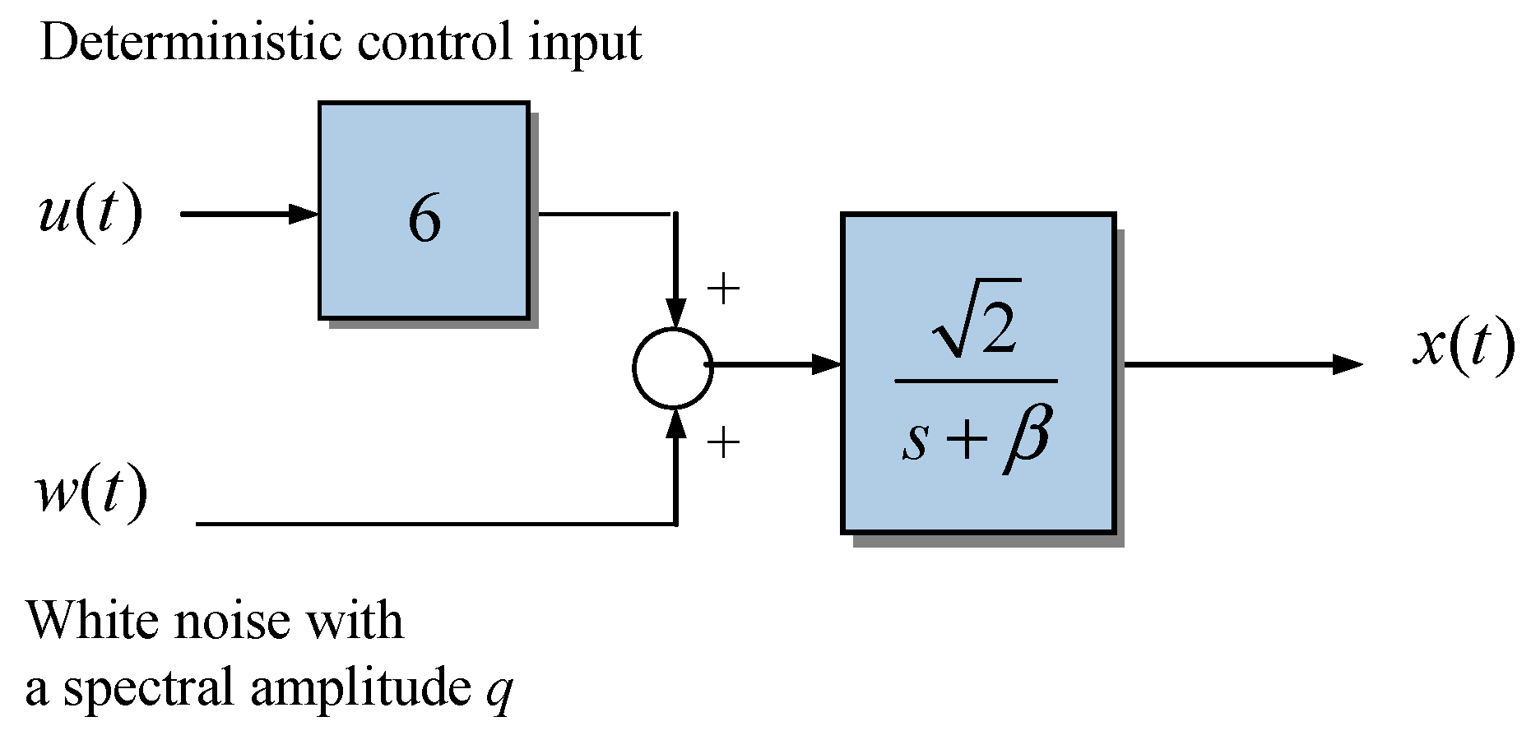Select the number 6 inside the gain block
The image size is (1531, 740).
coord(425,220)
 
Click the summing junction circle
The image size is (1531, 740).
coord(673,368)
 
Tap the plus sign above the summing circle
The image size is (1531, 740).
coord(723,289)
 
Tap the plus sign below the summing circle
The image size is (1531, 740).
coord(723,444)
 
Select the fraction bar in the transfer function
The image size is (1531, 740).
coord(976,382)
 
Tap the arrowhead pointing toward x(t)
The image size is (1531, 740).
coord(1346,363)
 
